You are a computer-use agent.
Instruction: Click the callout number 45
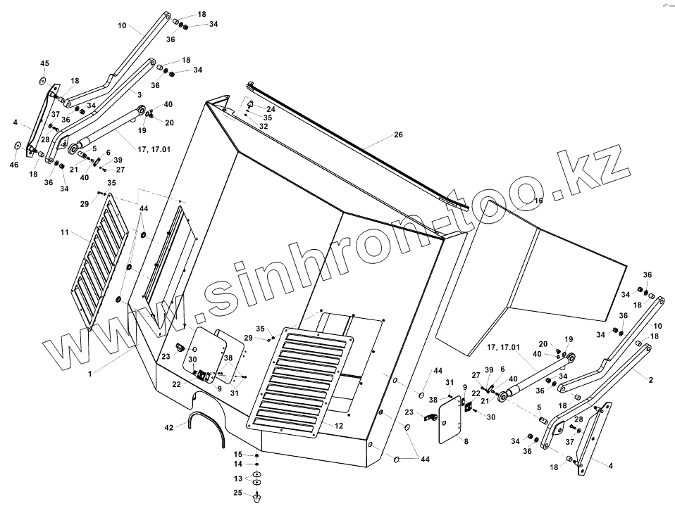[x=44, y=64]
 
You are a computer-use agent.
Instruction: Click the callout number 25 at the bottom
[x=238, y=492]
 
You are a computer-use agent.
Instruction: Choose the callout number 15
[x=238, y=454]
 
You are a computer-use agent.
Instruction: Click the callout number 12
[x=339, y=425]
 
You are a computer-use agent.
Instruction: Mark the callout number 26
[x=398, y=135]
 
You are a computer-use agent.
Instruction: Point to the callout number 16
[x=539, y=201]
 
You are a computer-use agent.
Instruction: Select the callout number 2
[x=650, y=380]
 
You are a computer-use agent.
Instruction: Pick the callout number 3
[x=139, y=94]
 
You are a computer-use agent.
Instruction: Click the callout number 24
[x=271, y=110]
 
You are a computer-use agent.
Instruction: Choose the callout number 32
[x=264, y=126]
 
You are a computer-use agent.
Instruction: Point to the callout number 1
[x=90, y=374]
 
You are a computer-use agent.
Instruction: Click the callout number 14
[x=238, y=464]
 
